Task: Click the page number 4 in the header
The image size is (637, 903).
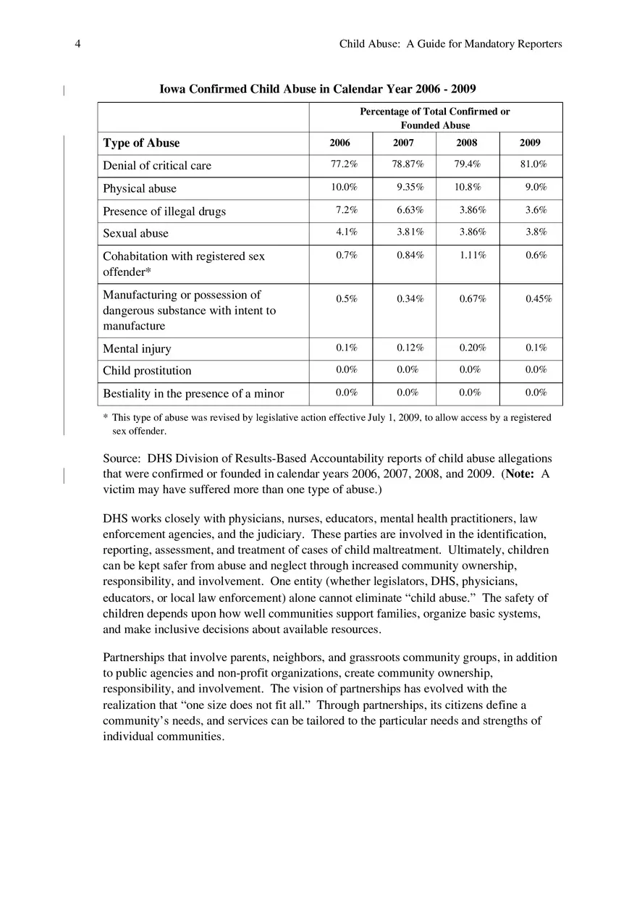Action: tap(77, 44)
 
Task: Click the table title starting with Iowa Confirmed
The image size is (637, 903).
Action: tap(317, 89)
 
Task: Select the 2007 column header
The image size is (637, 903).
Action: tap(403, 143)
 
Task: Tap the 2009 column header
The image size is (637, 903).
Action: tap(530, 143)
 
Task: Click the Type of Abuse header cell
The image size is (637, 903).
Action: tap(141, 143)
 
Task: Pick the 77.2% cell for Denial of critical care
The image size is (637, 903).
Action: tap(344, 164)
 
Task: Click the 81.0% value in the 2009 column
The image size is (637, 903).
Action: tap(533, 164)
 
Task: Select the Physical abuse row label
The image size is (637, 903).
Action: tap(140, 188)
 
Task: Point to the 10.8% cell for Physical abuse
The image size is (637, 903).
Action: tap(467, 188)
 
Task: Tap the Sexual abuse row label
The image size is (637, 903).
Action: tap(135, 233)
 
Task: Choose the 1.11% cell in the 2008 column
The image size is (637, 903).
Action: tap(473, 256)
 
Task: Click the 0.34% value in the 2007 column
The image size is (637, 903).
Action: tap(410, 300)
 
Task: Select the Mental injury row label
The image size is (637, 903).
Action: tap(137, 349)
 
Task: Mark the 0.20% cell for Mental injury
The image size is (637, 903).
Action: tap(473, 348)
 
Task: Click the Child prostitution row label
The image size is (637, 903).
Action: tap(147, 371)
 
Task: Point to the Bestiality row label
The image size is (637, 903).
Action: tap(193, 394)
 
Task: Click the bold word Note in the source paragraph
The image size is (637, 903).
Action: tap(519, 474)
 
